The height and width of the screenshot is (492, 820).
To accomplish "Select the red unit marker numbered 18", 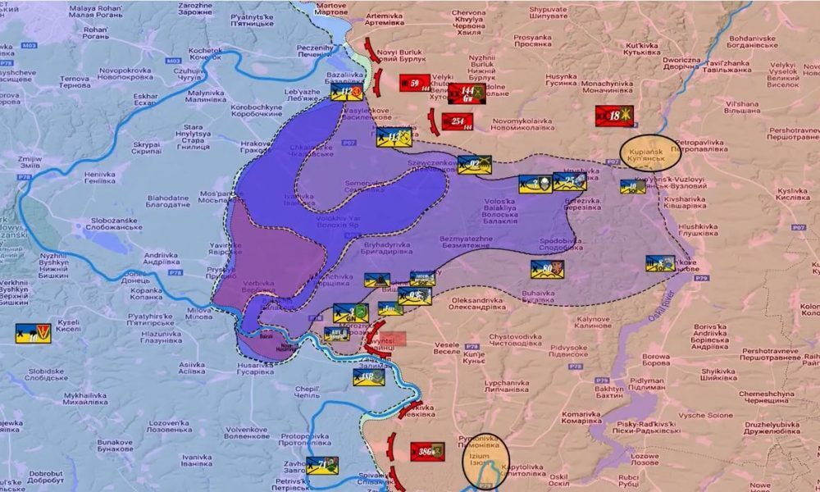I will pos(614,116).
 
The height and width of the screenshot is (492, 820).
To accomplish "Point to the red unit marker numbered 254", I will pos(458,121).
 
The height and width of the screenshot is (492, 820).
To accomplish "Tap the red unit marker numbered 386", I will pos(426,450).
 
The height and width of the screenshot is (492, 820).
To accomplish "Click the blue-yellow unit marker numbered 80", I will pos(547,268).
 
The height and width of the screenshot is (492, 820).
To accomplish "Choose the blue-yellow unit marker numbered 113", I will pos(393,136).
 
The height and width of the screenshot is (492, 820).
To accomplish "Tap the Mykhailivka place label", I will pos(85,398).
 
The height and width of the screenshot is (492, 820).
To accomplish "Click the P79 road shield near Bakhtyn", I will pos(604,380).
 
